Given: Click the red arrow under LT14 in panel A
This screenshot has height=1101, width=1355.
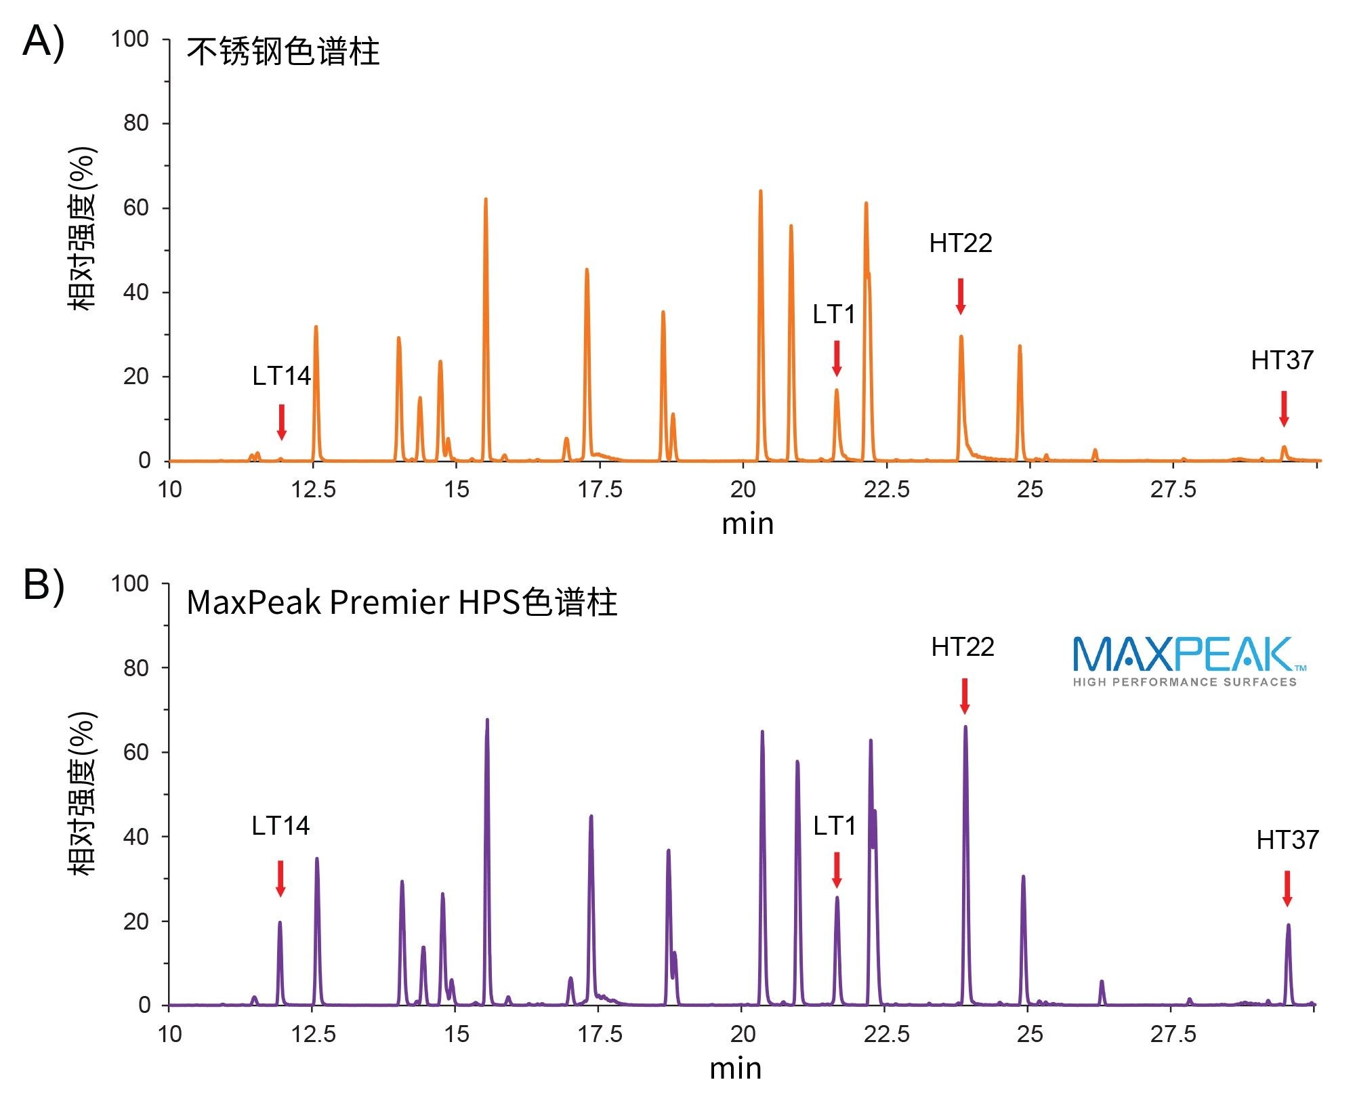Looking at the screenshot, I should point(282,421).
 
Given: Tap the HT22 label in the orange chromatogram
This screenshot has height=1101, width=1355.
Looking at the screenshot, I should point(960,243).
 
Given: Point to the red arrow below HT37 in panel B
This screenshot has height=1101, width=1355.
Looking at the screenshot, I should point(1287,888).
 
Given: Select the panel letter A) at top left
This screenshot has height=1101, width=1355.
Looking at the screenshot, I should point(43,42).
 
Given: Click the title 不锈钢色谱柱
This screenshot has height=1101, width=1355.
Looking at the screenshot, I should point(283,52).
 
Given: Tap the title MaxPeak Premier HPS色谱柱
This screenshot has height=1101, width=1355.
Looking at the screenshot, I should point(402,602).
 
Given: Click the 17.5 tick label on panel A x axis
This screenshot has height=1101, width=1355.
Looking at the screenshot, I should point(600,489).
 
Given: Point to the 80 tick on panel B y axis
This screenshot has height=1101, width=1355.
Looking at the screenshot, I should point(135,668).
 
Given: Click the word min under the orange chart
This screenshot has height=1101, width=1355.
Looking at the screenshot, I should point(747,524).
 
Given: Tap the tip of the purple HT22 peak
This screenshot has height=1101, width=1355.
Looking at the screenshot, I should point(965,727).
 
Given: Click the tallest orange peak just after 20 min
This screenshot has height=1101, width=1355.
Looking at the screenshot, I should point(760,192).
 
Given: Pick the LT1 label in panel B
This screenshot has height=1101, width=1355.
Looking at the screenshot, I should point(834,826).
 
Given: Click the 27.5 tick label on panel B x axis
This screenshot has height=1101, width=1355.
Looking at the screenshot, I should point(1173,1034).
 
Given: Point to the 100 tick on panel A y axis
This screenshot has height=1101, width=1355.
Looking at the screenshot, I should point(130,39).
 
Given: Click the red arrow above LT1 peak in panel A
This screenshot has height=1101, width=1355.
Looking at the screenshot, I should point(837,358).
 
